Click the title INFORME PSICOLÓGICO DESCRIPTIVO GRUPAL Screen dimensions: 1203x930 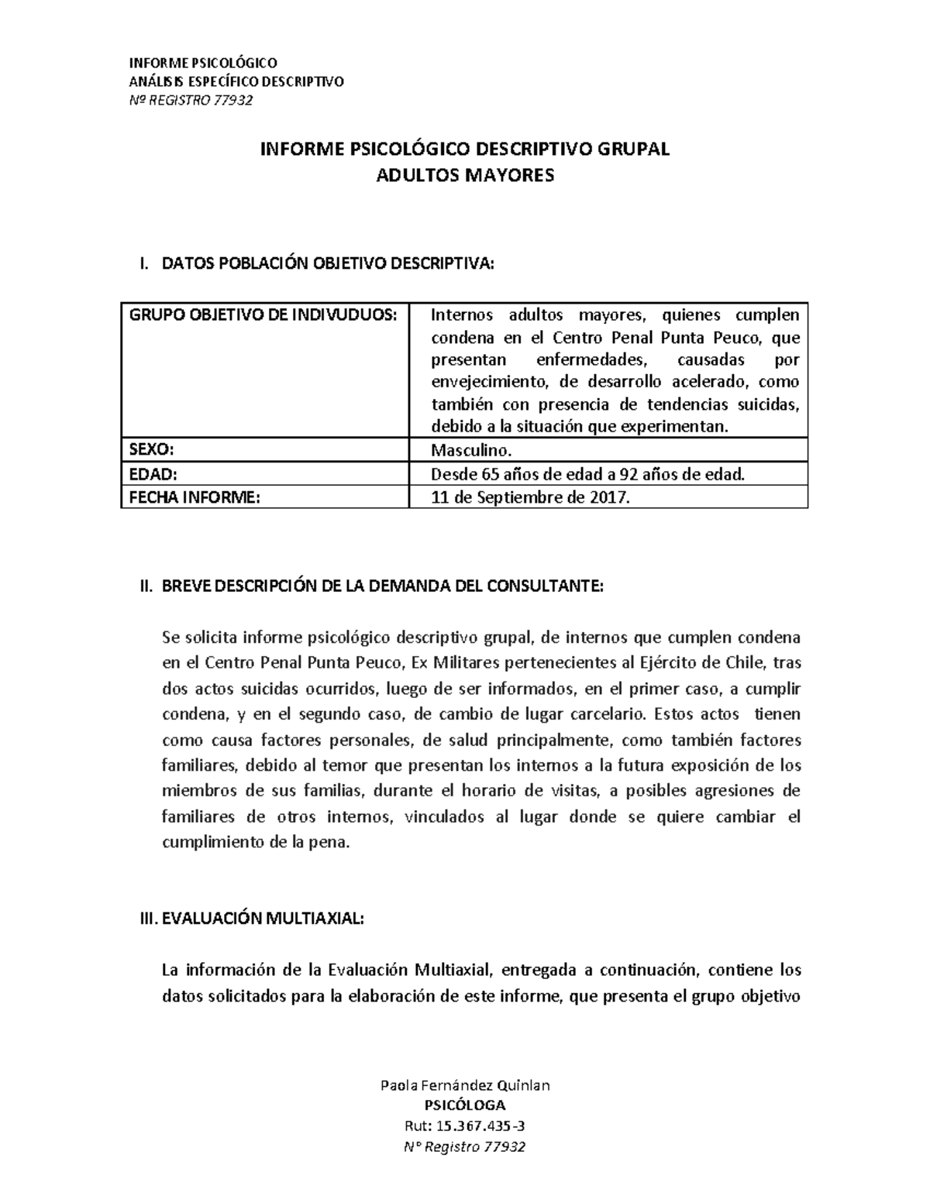pos(464,150)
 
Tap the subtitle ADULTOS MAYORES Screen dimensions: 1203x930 pos(464,176)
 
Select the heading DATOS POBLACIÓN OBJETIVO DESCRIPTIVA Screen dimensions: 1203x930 pos(326,264)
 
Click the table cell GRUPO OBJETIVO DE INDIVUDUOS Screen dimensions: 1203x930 pos(263,315)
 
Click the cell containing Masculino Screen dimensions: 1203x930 pos(471,451)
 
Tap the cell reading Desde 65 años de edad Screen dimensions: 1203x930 pos(587,474)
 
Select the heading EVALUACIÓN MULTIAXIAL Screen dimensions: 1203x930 pos(260,919)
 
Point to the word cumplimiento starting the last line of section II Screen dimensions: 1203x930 pos(204,843)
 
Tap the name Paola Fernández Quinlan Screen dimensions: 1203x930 pos(465,1084)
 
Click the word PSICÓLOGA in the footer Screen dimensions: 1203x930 pos(465,1105)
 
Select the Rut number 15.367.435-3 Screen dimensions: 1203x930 pos(465,1126)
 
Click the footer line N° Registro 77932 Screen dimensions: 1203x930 pos(465,1147)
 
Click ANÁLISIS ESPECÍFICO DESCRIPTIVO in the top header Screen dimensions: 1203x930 pos(236,81)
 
